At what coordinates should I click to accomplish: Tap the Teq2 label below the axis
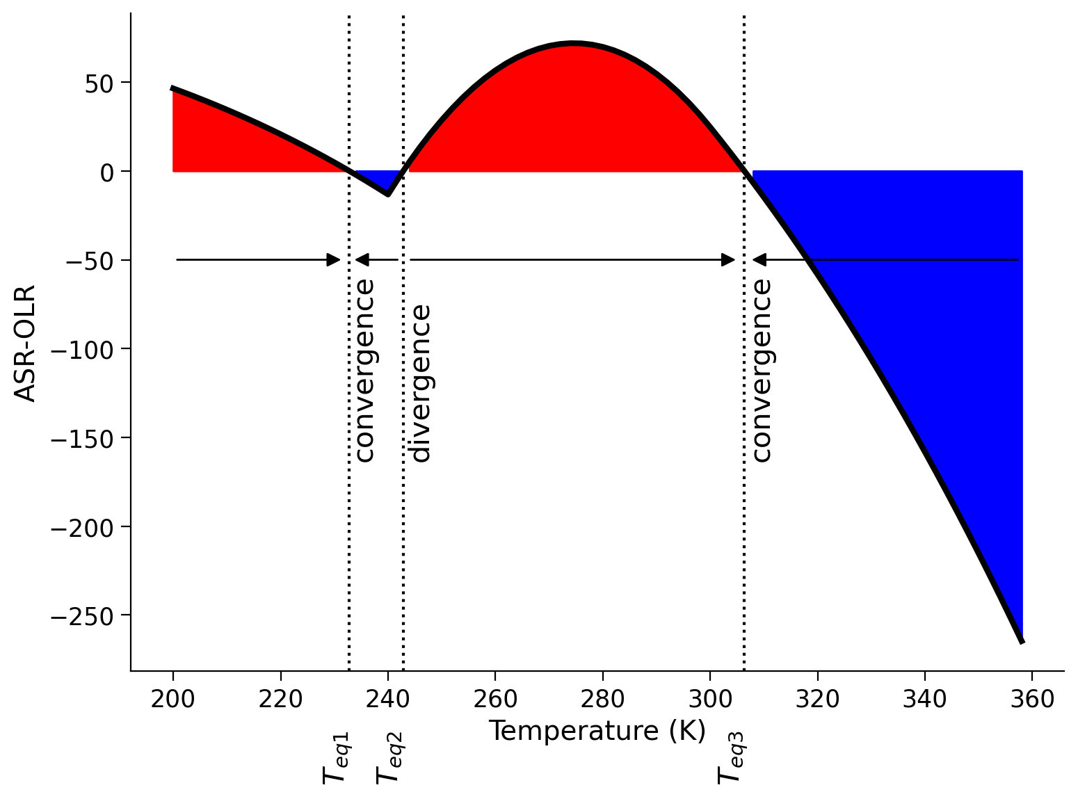[389, 757]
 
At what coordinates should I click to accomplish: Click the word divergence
[421, 383]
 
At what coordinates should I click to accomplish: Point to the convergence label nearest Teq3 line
[762, 370]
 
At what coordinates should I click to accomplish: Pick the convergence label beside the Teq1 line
[364, 370]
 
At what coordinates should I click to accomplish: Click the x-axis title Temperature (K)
[597, 731]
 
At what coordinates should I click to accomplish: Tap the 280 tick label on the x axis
[602, 699]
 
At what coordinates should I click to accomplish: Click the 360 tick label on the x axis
[1031, 699]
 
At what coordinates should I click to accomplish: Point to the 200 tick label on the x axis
[173, 699]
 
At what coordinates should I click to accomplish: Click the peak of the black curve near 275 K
[574, 43]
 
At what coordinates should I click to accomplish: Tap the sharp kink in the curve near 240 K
[387, 195]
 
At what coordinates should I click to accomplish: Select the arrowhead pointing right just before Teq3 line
[727, 260]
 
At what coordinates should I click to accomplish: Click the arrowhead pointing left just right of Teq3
[760, 260]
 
